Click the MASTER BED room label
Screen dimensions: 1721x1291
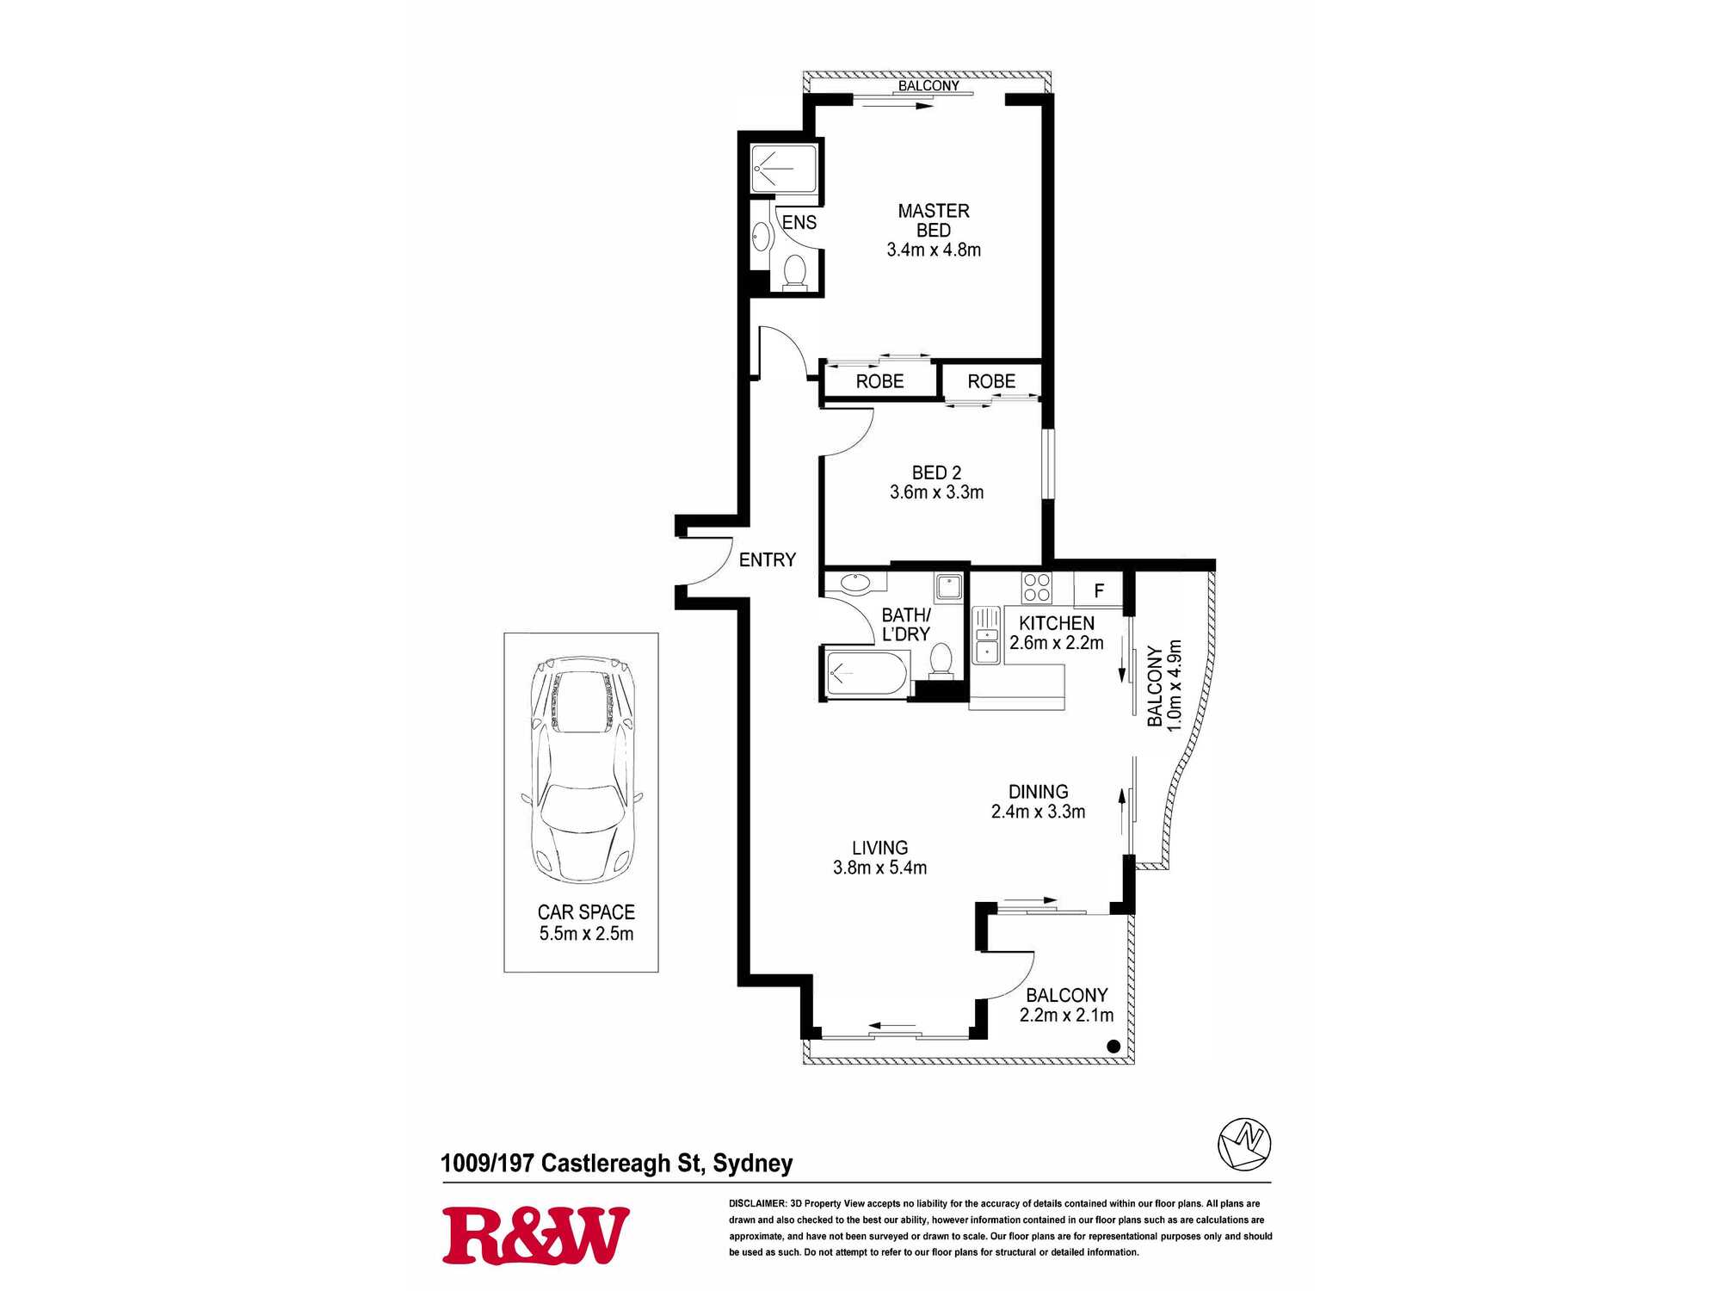coord(934,220)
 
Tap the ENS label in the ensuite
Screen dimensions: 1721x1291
coord(799,222)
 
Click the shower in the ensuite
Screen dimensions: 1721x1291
coord(783,170)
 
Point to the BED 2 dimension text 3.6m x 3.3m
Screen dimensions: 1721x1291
coord(936,492)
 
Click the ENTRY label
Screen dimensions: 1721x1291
coord(768,560)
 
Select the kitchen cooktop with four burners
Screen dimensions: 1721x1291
coord(1037,588)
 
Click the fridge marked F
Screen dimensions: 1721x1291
coord(1099,590)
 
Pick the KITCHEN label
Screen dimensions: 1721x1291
coord(1057,623)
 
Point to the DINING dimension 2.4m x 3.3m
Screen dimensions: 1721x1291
coord(1038,812)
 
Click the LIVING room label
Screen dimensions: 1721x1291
coord(879,848)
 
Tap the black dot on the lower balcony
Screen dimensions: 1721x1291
coord(1113,1047)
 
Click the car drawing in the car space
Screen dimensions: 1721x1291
coord(583,770)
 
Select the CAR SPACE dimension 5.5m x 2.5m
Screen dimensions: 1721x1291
coord(586,934)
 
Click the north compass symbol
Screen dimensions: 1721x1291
coord(1244,1144)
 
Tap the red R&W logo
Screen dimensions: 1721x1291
coord(536,1236)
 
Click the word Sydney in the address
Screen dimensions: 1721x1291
coord(753,1164)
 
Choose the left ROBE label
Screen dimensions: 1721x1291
coord(879,381)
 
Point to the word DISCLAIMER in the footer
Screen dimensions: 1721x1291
coord(757,1203)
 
